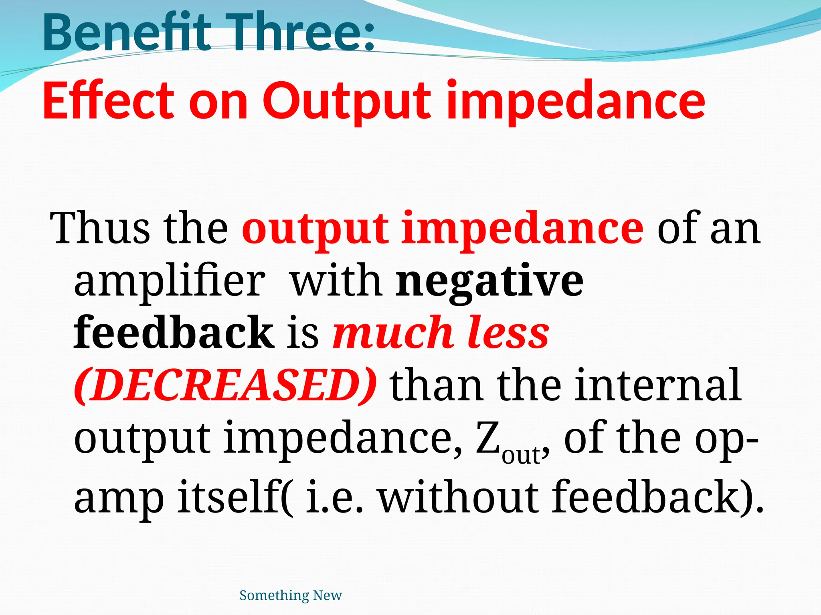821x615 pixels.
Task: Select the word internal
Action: coord(658,385)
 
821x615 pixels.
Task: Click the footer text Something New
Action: coord(291,595)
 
